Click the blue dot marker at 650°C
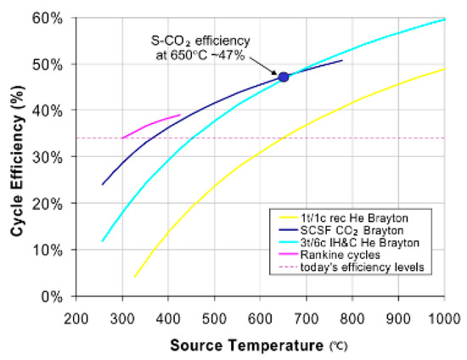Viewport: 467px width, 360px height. point(284,77)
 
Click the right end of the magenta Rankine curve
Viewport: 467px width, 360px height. point(180,115)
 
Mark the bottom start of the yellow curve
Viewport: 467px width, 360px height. point(134,277)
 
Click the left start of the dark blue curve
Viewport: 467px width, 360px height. point(103,184)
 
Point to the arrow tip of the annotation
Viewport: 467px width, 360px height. point(278,74)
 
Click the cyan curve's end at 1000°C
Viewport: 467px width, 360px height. point(444,19)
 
